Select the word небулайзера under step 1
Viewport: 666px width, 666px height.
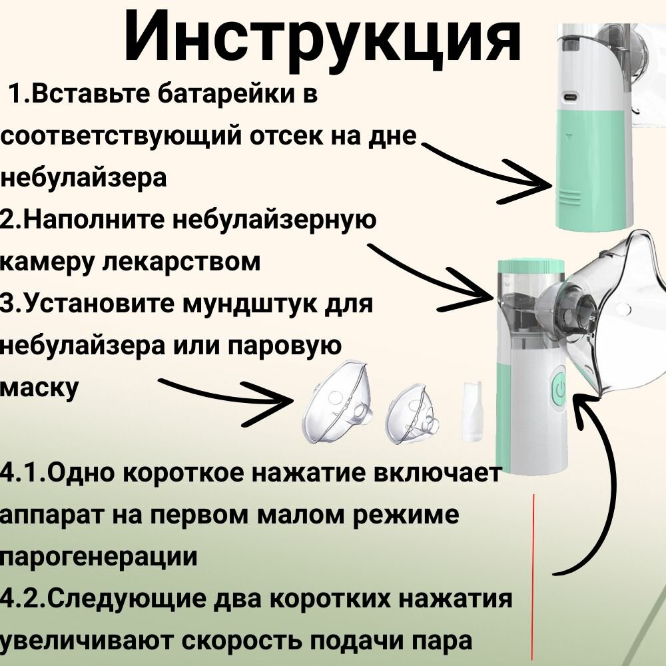tap(83, 178)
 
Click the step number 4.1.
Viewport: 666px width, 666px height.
tap(23, 474)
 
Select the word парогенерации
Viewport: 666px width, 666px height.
tap(100, 556)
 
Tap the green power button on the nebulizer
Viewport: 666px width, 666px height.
tap(558, 388)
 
